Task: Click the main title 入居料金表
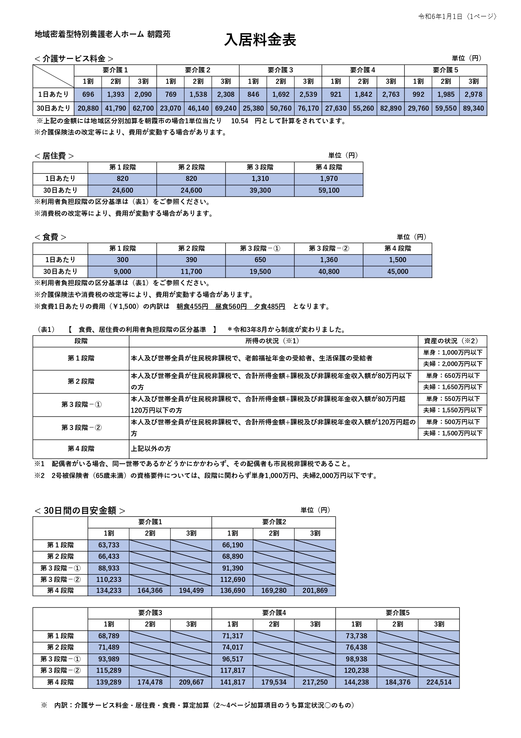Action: [x=260, y=40]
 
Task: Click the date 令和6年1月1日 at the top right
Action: [x=440, y=16]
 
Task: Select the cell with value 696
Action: [x=88, y=94]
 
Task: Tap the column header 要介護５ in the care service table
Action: [x=445, y=70]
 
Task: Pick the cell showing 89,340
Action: [x=473, y=108]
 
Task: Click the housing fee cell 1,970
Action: [x=329, y=178]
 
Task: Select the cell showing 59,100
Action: [x=329, y=190]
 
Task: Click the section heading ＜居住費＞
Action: [x=54, y=156]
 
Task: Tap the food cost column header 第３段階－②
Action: [x=329, y=248]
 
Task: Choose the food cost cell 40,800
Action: [x=329, y=271]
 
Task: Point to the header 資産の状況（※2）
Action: [x=452, y=341]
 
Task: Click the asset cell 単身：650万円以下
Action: [x=453, y=376]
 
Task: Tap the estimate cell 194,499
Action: [x=191, y=590]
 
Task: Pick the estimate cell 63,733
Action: [x=108, y=545]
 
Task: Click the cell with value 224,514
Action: [x=439, y=682]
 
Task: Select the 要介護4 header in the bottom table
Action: [x=274, y=613]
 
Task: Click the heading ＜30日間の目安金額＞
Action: [x=80, y=510]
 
